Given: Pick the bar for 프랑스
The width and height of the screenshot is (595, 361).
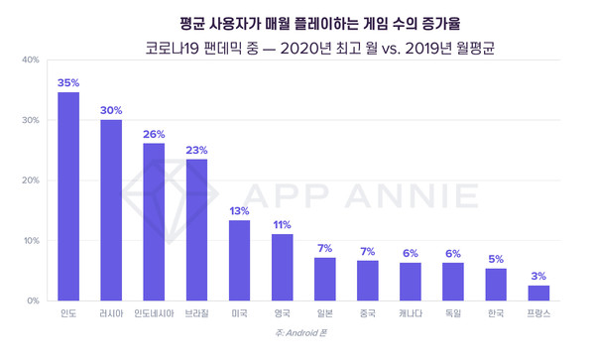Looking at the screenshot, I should (x=538, y=293).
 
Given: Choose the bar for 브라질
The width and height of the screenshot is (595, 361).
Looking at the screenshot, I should (x=196, y=229).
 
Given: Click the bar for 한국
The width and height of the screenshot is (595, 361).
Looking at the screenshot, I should (x=496, y=285).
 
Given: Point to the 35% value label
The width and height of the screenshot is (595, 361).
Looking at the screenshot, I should (x=68, y=82).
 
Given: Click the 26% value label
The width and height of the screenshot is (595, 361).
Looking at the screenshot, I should (x=154, y=134).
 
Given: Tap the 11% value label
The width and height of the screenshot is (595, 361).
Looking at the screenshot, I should (x=282, y=225).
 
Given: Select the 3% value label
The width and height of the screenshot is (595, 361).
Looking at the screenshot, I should (x=538, y=276).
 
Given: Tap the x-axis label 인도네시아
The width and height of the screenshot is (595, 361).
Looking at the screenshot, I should (x=154, y=315).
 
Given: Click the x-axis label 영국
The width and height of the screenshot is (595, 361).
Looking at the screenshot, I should (x=282, y=315).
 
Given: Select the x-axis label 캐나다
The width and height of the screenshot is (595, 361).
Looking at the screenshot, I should (x=411, y=315).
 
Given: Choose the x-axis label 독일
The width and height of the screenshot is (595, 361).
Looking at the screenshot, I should (x=453, y=315).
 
